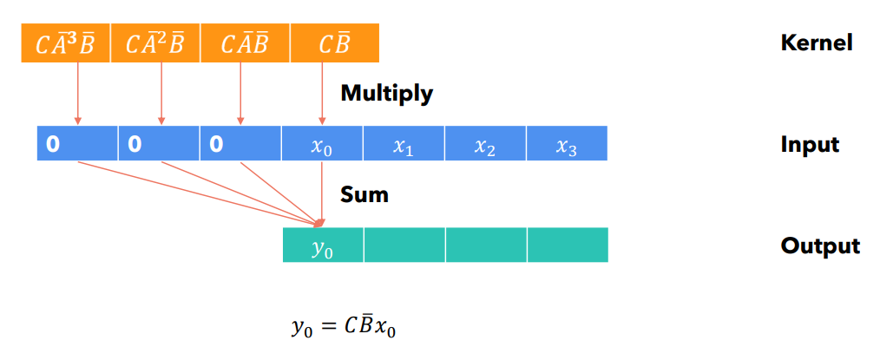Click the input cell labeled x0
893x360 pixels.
[x=322, y=144]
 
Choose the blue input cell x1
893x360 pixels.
[x=404, y=144]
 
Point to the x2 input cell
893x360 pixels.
[x=485, y=144]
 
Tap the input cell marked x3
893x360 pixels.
[x=567, y=144]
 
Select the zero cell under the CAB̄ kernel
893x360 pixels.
[x=240, y=144]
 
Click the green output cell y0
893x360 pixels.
[x=322, y=245]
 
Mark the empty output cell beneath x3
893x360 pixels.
[x=568, y=245]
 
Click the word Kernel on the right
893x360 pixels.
[x=817, y=43]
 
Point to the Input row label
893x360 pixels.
[x=810, y=144]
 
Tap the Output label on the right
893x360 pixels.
[x=820, y=245]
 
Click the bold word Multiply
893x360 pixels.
[x=386, y=93]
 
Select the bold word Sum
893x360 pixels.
[x=364, y=194]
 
